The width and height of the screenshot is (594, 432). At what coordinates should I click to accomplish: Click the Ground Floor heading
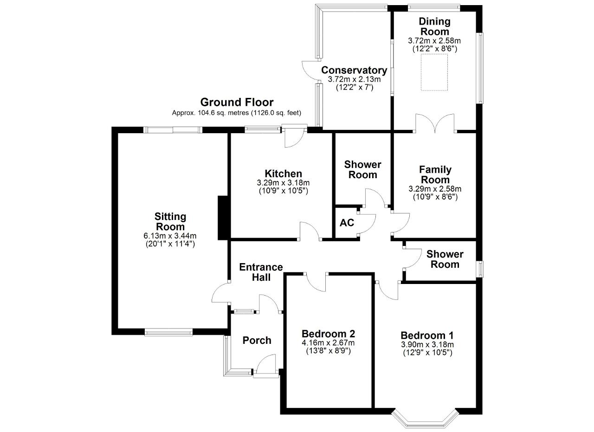coord(237,103)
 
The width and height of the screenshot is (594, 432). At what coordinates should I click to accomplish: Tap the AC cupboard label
coord(347,223)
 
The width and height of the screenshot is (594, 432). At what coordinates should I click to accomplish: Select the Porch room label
coord(257,340)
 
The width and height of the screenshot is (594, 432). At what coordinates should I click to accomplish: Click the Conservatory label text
coord(354,70)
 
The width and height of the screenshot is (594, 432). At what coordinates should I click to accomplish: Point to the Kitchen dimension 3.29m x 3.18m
coord(283,183)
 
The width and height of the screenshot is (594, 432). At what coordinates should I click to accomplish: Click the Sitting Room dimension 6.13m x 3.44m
coord(170,236)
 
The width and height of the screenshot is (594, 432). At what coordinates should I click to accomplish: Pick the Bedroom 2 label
coord(328,333)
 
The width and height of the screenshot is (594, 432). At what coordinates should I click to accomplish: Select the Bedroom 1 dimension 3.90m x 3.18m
coord(427,344)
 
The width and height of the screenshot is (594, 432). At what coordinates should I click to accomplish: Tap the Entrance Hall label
coord(261,272)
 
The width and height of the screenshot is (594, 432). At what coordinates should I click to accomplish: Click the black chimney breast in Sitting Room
coord(222,218)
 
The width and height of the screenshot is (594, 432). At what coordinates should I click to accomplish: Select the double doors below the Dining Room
coord(435,123)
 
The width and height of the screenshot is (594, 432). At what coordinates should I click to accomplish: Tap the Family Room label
coord(435,174)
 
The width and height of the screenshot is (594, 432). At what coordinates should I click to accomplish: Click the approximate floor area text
coord(237,113)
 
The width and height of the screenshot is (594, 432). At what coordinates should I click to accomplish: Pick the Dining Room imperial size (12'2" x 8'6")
coord(435,49)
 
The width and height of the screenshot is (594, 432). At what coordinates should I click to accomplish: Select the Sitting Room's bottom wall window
coord(168,332)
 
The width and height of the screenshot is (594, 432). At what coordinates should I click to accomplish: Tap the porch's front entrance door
coord(266,368)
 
